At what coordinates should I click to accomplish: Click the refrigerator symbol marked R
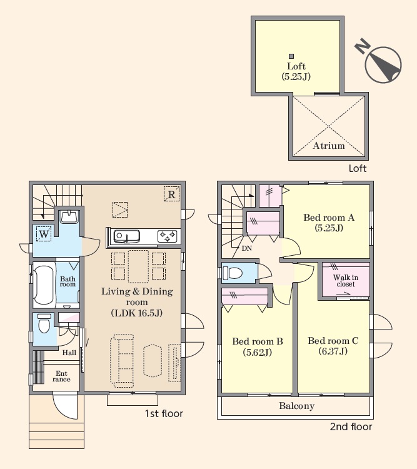tap(171, 194)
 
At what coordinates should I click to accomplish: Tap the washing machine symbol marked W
tap(44, 234)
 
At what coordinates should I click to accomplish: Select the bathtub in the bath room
tap(44, 285)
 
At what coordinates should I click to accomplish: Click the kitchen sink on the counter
tap(126, 236)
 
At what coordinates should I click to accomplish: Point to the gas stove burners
tap(167, 236)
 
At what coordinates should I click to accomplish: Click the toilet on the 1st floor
tap(44, 323)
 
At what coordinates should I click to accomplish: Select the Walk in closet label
tap(346, 281)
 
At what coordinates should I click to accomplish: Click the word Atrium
tap(328, 146)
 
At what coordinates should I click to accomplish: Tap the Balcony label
tap(297, 406)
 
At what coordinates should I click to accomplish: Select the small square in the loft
tap(291, 56)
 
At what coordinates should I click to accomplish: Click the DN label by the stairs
tap(247, 248)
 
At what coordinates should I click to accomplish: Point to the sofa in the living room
tap(122, 359)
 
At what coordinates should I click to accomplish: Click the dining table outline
tap(138, 266)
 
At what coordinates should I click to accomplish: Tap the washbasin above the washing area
tap(69, 217)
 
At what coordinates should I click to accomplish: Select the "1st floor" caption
tap(164, 413)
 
